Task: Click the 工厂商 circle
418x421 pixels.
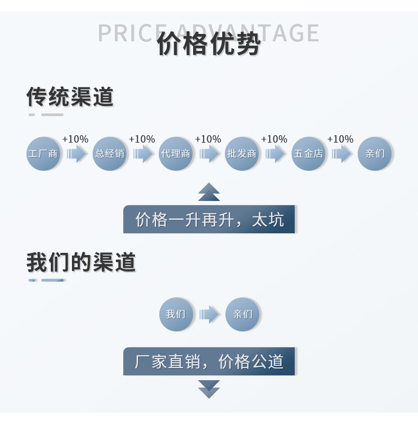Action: (43, 154)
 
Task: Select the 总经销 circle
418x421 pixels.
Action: (110, 154)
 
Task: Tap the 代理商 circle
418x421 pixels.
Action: (176, 154)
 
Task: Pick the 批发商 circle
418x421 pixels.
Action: (242, 154)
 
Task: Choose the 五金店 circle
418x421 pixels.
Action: (308, 154)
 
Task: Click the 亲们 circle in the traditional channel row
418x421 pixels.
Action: (375, 154)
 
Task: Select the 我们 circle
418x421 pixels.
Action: (176, 314)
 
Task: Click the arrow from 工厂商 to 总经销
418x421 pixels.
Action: (77, 154)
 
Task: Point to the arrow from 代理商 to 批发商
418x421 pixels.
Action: (209, 154)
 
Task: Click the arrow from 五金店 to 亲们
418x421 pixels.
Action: (341, 154)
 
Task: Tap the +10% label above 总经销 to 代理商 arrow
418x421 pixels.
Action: (142, 139)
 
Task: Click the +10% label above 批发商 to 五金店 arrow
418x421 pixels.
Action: (274, 139)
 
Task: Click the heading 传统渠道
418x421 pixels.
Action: (70, 97)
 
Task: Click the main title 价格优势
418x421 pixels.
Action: (208, 45)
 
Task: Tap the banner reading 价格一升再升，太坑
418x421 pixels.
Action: (209, 219)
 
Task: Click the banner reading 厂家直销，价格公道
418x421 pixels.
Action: (209, 362)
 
